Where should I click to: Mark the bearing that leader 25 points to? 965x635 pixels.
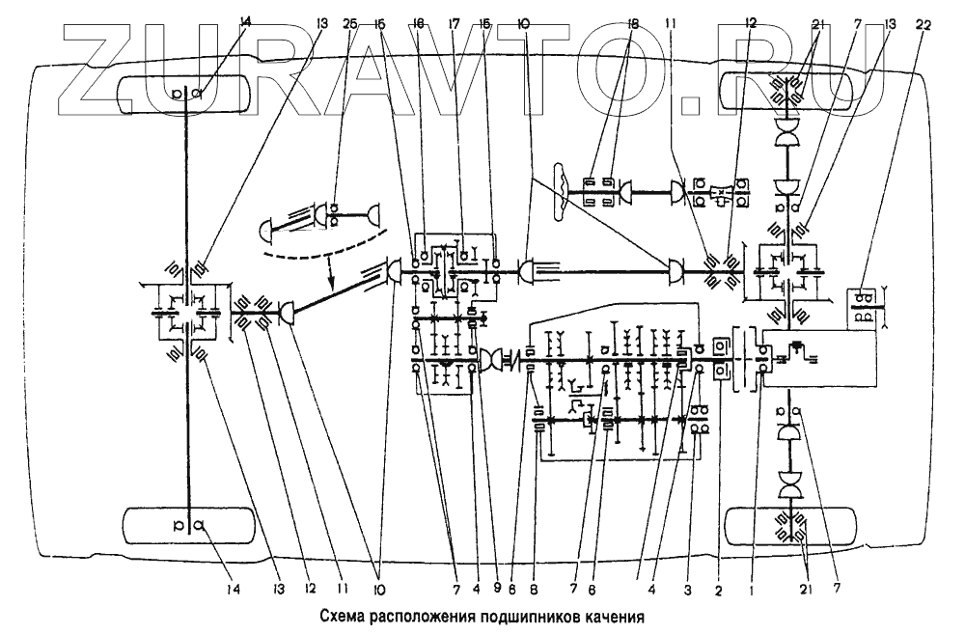[334, 214]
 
